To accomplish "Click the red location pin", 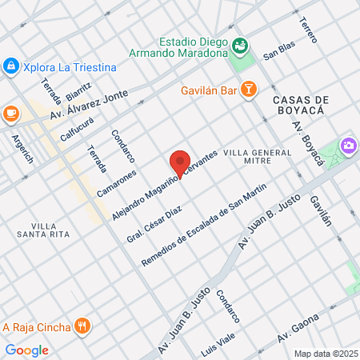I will (180, 162).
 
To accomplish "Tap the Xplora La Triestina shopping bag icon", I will (10, 66).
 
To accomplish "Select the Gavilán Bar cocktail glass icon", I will (249, 90).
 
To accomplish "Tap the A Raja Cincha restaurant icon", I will (82, 326).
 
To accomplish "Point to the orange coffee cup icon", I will (11, 113).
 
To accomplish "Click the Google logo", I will (26, 350).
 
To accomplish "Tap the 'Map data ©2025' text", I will (325, 354).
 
